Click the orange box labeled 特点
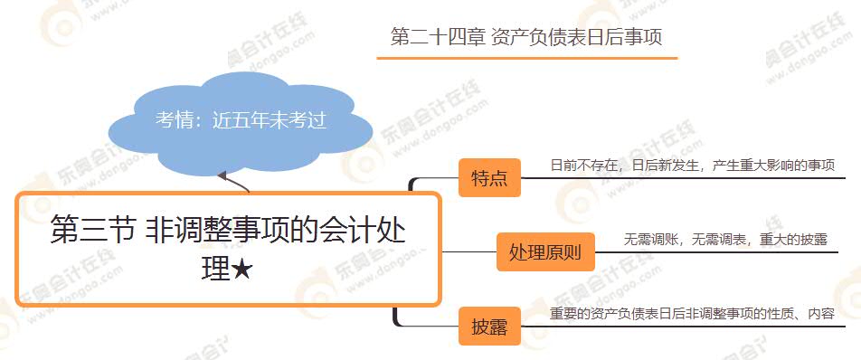tap(489, 178)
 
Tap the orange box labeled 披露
tap(489, 327)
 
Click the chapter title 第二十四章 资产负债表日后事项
tap(526, 37)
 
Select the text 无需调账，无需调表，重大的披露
tap(725, 240)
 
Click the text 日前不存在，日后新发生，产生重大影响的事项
tap(691, 166)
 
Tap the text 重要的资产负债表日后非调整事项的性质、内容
tap(692, 314)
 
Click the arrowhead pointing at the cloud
tap(222, 175)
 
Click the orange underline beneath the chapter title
tap(526, 58)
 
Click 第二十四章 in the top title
tap(436, 37)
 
